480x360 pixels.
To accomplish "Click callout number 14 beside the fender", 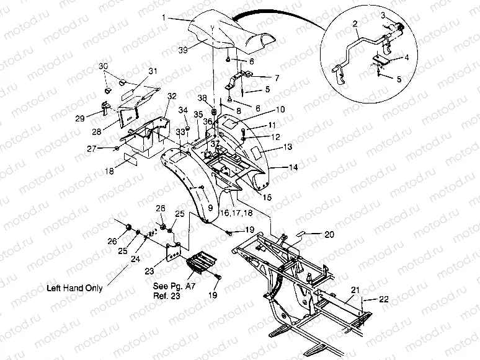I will tap(292, 167).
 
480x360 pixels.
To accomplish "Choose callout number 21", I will tap(355, 290).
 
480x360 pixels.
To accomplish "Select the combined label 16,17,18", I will tap(236, 212).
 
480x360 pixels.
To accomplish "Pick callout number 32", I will tap(172, 96).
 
